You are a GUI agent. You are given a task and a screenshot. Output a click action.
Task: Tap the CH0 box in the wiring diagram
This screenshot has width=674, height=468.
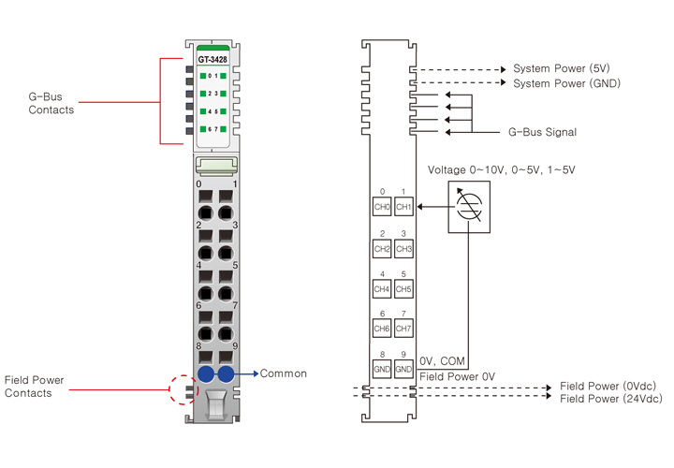click(382, 207)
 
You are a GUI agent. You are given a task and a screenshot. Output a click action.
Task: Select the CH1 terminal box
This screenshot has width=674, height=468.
click(403, 207)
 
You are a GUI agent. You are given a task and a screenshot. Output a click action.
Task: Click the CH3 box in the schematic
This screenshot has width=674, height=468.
click(403, 249)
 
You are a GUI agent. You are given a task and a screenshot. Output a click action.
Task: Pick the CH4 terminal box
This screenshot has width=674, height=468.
click(382, 289)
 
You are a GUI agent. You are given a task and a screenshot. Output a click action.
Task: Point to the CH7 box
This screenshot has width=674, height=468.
click(403, 329)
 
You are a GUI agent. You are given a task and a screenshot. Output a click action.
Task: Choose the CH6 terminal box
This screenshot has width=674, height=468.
click(382, 329)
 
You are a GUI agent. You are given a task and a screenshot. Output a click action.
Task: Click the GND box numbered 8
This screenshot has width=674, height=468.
click(382, 369)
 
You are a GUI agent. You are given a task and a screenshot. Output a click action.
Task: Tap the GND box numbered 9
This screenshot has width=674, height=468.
click(403, 369)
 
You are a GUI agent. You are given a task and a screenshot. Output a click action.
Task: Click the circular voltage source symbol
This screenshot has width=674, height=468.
click(464, 206)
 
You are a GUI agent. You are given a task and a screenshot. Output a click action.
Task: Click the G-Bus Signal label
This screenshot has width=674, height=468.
click(542, 133)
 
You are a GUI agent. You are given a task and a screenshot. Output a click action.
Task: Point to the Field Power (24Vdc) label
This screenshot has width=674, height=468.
click(610, 400)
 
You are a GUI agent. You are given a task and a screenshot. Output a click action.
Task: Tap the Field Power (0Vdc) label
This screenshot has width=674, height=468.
click(608, 386)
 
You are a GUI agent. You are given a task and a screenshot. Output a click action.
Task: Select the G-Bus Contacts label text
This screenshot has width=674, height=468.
click(51, 103)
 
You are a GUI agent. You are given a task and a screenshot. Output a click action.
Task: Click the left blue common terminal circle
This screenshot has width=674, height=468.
click(205, 374)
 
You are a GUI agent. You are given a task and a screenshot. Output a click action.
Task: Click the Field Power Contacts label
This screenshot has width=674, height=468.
click(39, 387)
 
